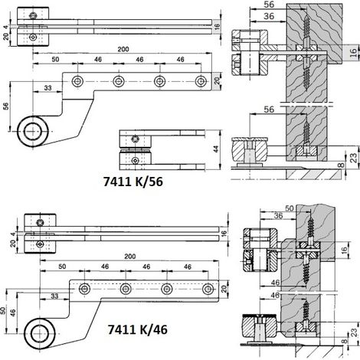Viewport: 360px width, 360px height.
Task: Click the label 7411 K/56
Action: [x=133, y=182]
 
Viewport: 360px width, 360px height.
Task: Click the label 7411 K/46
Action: [x=138, y=329]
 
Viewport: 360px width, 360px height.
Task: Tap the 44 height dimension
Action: [x=216, y=149]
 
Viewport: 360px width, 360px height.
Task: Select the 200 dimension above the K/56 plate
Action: [x=123, y=49]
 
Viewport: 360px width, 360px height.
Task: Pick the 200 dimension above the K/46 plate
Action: [x=130, y=257]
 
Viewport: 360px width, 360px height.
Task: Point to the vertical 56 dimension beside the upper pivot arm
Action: [x=6, y=106]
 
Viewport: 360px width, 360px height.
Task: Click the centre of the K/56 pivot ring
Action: [x=33, y=131]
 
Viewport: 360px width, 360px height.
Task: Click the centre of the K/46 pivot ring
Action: [x=40, y=333]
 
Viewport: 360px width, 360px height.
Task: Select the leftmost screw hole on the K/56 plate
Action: [x=77, y=81]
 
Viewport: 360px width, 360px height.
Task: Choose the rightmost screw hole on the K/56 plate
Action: [x=201, y=81]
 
